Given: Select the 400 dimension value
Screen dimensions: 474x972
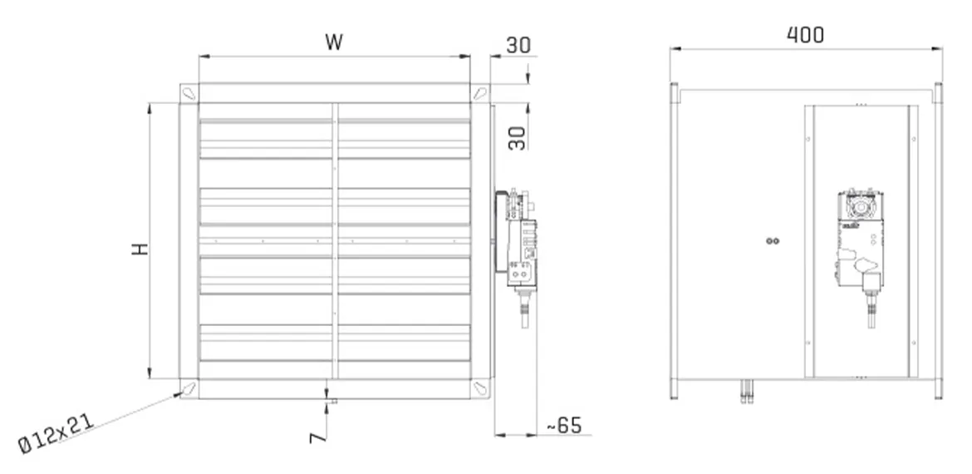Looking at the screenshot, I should (x=805, y=34).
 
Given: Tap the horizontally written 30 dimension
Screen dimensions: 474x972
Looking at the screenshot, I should (x=518, y=46).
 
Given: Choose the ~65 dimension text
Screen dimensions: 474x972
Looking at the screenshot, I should (x=562, y=426).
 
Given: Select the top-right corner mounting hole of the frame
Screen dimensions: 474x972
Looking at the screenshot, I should (x=480, y=93).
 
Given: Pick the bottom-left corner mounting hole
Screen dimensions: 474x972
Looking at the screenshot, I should (x=189, y=388).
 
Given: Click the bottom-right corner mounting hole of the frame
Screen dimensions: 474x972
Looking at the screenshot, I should (x=480, y=388).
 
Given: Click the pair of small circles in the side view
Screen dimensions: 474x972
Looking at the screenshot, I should (x=773, y=241).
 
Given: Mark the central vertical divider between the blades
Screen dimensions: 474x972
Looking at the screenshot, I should (x=335, y=241).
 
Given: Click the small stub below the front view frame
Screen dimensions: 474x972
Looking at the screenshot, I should (x=330, y=402).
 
